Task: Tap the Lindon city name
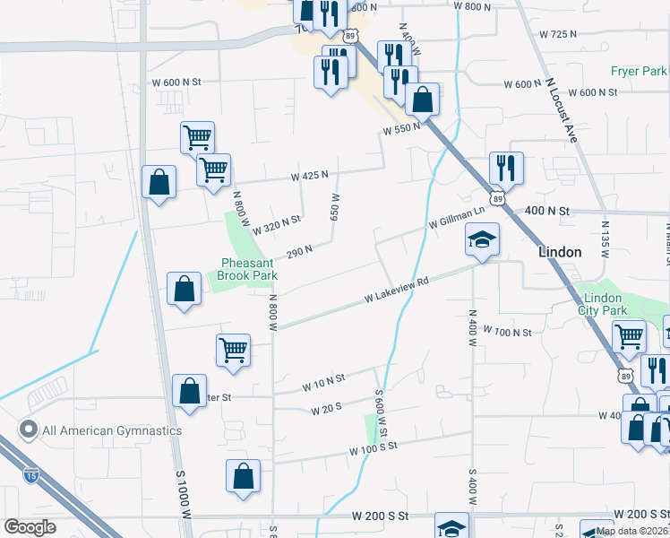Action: click(x=561, y=253)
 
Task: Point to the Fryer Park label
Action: click(x=640, y=71)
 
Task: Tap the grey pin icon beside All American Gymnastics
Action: click(x=29, y=430)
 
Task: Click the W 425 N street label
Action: click(x=309, y=176)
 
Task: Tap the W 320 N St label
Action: click(x=276, y=224)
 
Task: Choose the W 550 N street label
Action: click(x=401, y=129)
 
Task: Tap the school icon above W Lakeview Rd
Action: click(x=482, y=240)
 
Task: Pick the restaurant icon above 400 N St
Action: click(x=506, y=168)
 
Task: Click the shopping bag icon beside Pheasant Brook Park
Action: click(x=184, y=290)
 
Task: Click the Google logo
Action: click(x=30, y=527)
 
